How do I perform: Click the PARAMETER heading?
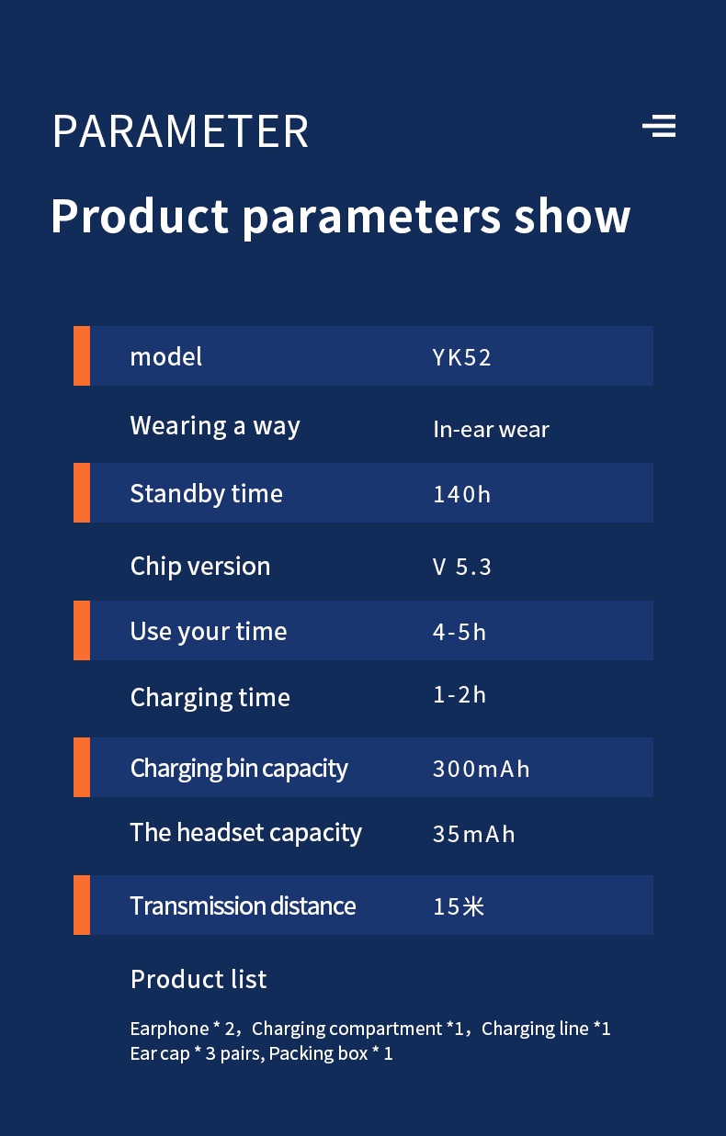[x=181, y=131]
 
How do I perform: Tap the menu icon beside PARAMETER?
[x=659, y=126]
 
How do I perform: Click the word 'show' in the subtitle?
[x=572, y=217]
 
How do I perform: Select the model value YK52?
[x=461, y=357]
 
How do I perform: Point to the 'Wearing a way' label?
[x=215, y=426]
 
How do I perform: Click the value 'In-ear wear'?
[x=491, y=430]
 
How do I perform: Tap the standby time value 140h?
[x=461, y=494]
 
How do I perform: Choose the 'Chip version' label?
[x=200, y=567]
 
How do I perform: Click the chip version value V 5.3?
[x=461, y=567]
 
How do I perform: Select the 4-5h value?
[x=459, y=633]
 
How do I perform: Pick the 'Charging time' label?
[x=210, y=698]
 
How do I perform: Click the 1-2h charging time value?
[x=459, y=695]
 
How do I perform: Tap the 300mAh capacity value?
[x=481, y=769]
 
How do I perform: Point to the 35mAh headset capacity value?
[x=474, y=834]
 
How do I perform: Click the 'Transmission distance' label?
[x=243, y=905]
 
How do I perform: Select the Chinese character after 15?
[x=473, y=906]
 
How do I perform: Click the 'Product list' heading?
[x=199, y=979]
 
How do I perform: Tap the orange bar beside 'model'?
[x=82, y=356]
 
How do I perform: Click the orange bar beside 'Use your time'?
[x=82, y=630]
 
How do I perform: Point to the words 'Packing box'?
[x=318, y=1054]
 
